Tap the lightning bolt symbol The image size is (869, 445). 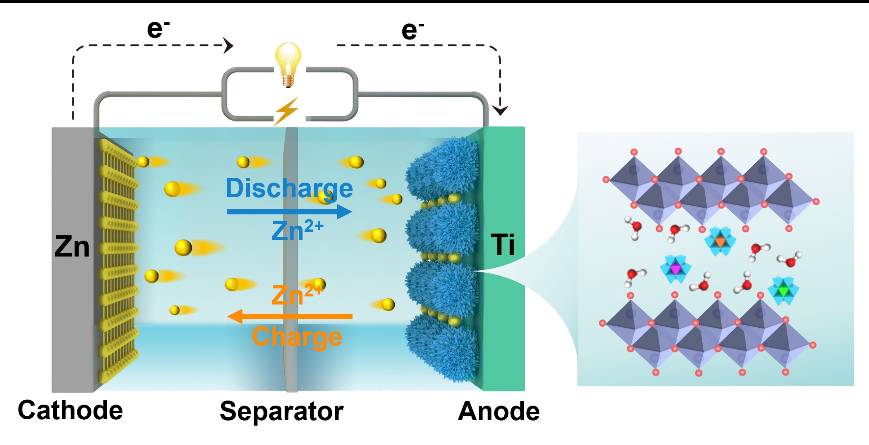pyautogui.click(x=286, y=111)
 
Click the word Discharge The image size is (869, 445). pyautogui.click(x=289, y=188)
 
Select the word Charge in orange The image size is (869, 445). pyautogui.click(x=297, y=337)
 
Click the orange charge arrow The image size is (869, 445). pyautogui.click(x=290, y=316)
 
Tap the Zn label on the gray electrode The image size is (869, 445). pyautogui.click(x=72, y=247)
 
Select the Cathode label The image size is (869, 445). pyautogui.click(x=70, y=410)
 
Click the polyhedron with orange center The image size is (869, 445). pyautogui.click(x=720, y=241)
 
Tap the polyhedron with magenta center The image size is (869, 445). pyautogui.click(x=675, y=268)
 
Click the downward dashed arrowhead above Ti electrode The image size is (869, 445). pyautogui.click(x=500, y=110)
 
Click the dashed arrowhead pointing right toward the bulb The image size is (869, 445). pyautogui.click(x=228, y=45)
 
